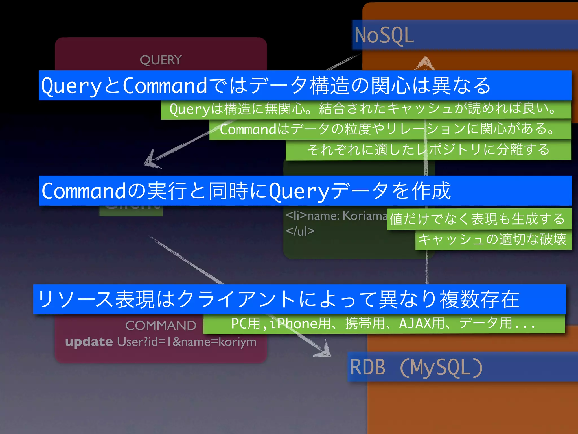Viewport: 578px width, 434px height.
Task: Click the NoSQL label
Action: coord(384,36)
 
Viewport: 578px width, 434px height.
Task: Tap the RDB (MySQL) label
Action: coord(416,367)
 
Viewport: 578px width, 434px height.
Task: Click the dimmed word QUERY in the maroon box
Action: coord(161,60)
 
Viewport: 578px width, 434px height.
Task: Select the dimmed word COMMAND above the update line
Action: coord(161,325)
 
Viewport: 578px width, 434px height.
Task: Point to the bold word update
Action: coord(89,342)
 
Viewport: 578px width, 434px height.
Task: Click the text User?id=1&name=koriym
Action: coord(187,342)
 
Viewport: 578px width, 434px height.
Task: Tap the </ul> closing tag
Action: coord(300,231)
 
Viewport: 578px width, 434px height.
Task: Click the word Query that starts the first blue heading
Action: coord(71,86)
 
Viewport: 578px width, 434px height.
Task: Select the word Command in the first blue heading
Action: coord(165,86)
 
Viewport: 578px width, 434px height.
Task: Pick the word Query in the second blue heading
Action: coord(299,191)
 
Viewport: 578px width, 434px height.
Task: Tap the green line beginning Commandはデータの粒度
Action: coord(387,129)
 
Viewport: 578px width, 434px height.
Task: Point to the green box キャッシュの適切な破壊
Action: coord(492,239)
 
